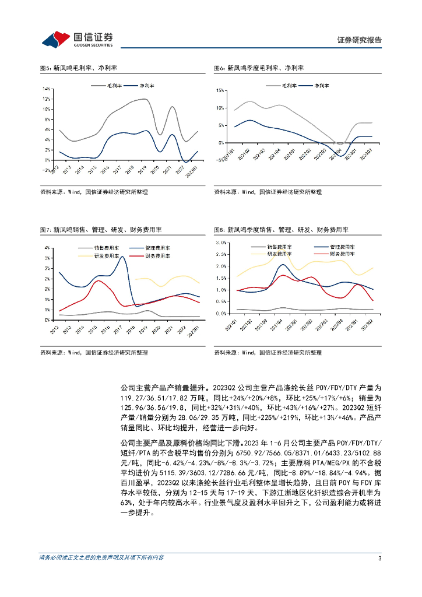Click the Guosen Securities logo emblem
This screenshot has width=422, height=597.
(x=56, y=39)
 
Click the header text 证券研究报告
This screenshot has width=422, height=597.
(x=360, y=40)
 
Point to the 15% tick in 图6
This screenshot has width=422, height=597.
(x=220, y=90)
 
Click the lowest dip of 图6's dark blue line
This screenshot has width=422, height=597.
(x=342, y=156)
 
